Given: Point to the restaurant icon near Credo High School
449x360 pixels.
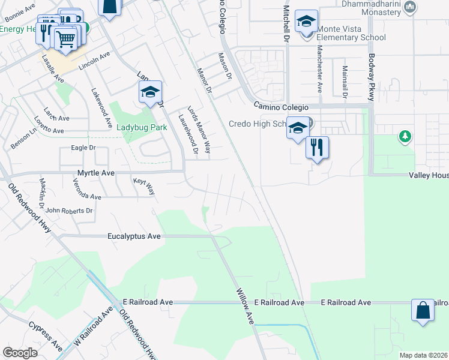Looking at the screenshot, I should pyautogui.click(x=317, y=147).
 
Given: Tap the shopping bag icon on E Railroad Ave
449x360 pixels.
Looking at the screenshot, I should pyautogui.click(x=423, y=311).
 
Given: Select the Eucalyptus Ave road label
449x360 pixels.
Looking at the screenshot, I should pyautogui.click(x=134, y=236).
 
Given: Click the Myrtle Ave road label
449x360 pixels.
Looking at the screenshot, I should pyautogui.click(x=95, y=173).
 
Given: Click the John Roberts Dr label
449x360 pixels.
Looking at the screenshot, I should pyautogui.click(x=69, y=211).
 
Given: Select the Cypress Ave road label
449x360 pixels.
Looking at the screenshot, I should pyautogui.click(x=45, y=337).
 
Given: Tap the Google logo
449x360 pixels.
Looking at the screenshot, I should pyautogui.click(x=20, y=352).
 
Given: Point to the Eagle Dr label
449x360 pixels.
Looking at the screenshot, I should pyautogui.click(x=83, y=148).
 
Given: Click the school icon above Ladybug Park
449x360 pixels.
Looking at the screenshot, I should pyautogui.click(x=150, y=92).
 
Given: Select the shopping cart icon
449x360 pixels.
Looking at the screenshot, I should pyautogui.click(x=66, y=40).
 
